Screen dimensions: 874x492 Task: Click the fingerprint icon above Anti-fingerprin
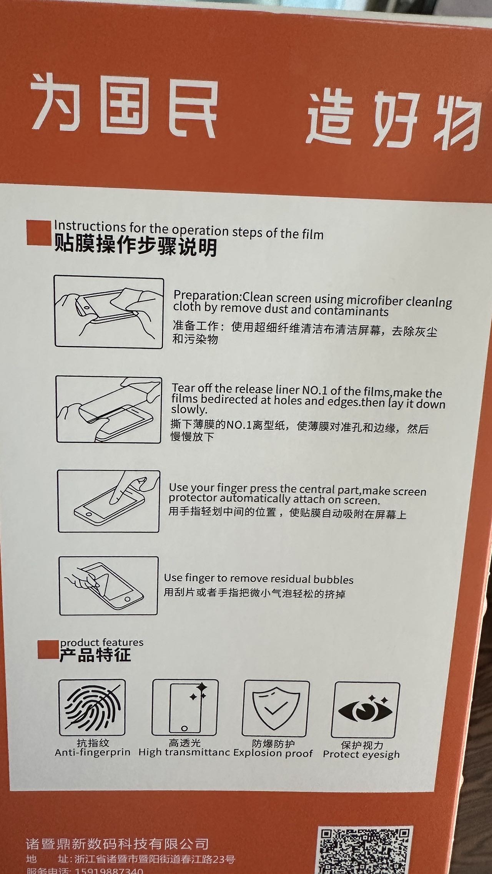point(92,708)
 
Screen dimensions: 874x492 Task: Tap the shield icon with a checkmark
point(276,709)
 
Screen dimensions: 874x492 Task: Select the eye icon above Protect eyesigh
point(365,710)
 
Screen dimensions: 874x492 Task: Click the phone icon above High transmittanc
point(185,707)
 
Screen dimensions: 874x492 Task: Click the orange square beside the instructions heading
point(38,233)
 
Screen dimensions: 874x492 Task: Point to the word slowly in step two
point(189,410)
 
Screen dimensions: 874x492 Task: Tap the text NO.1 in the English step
point(314,391)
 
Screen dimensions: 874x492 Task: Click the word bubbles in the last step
point(333,579)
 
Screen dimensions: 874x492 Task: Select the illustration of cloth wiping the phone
point(109,312)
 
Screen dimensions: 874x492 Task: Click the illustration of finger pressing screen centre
point(109,501)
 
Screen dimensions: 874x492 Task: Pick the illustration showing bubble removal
point(108,586)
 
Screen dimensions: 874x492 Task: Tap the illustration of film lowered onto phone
point(109,409)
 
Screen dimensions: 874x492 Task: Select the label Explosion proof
point(273,753)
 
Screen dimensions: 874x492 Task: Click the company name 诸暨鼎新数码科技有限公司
point(117,843)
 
